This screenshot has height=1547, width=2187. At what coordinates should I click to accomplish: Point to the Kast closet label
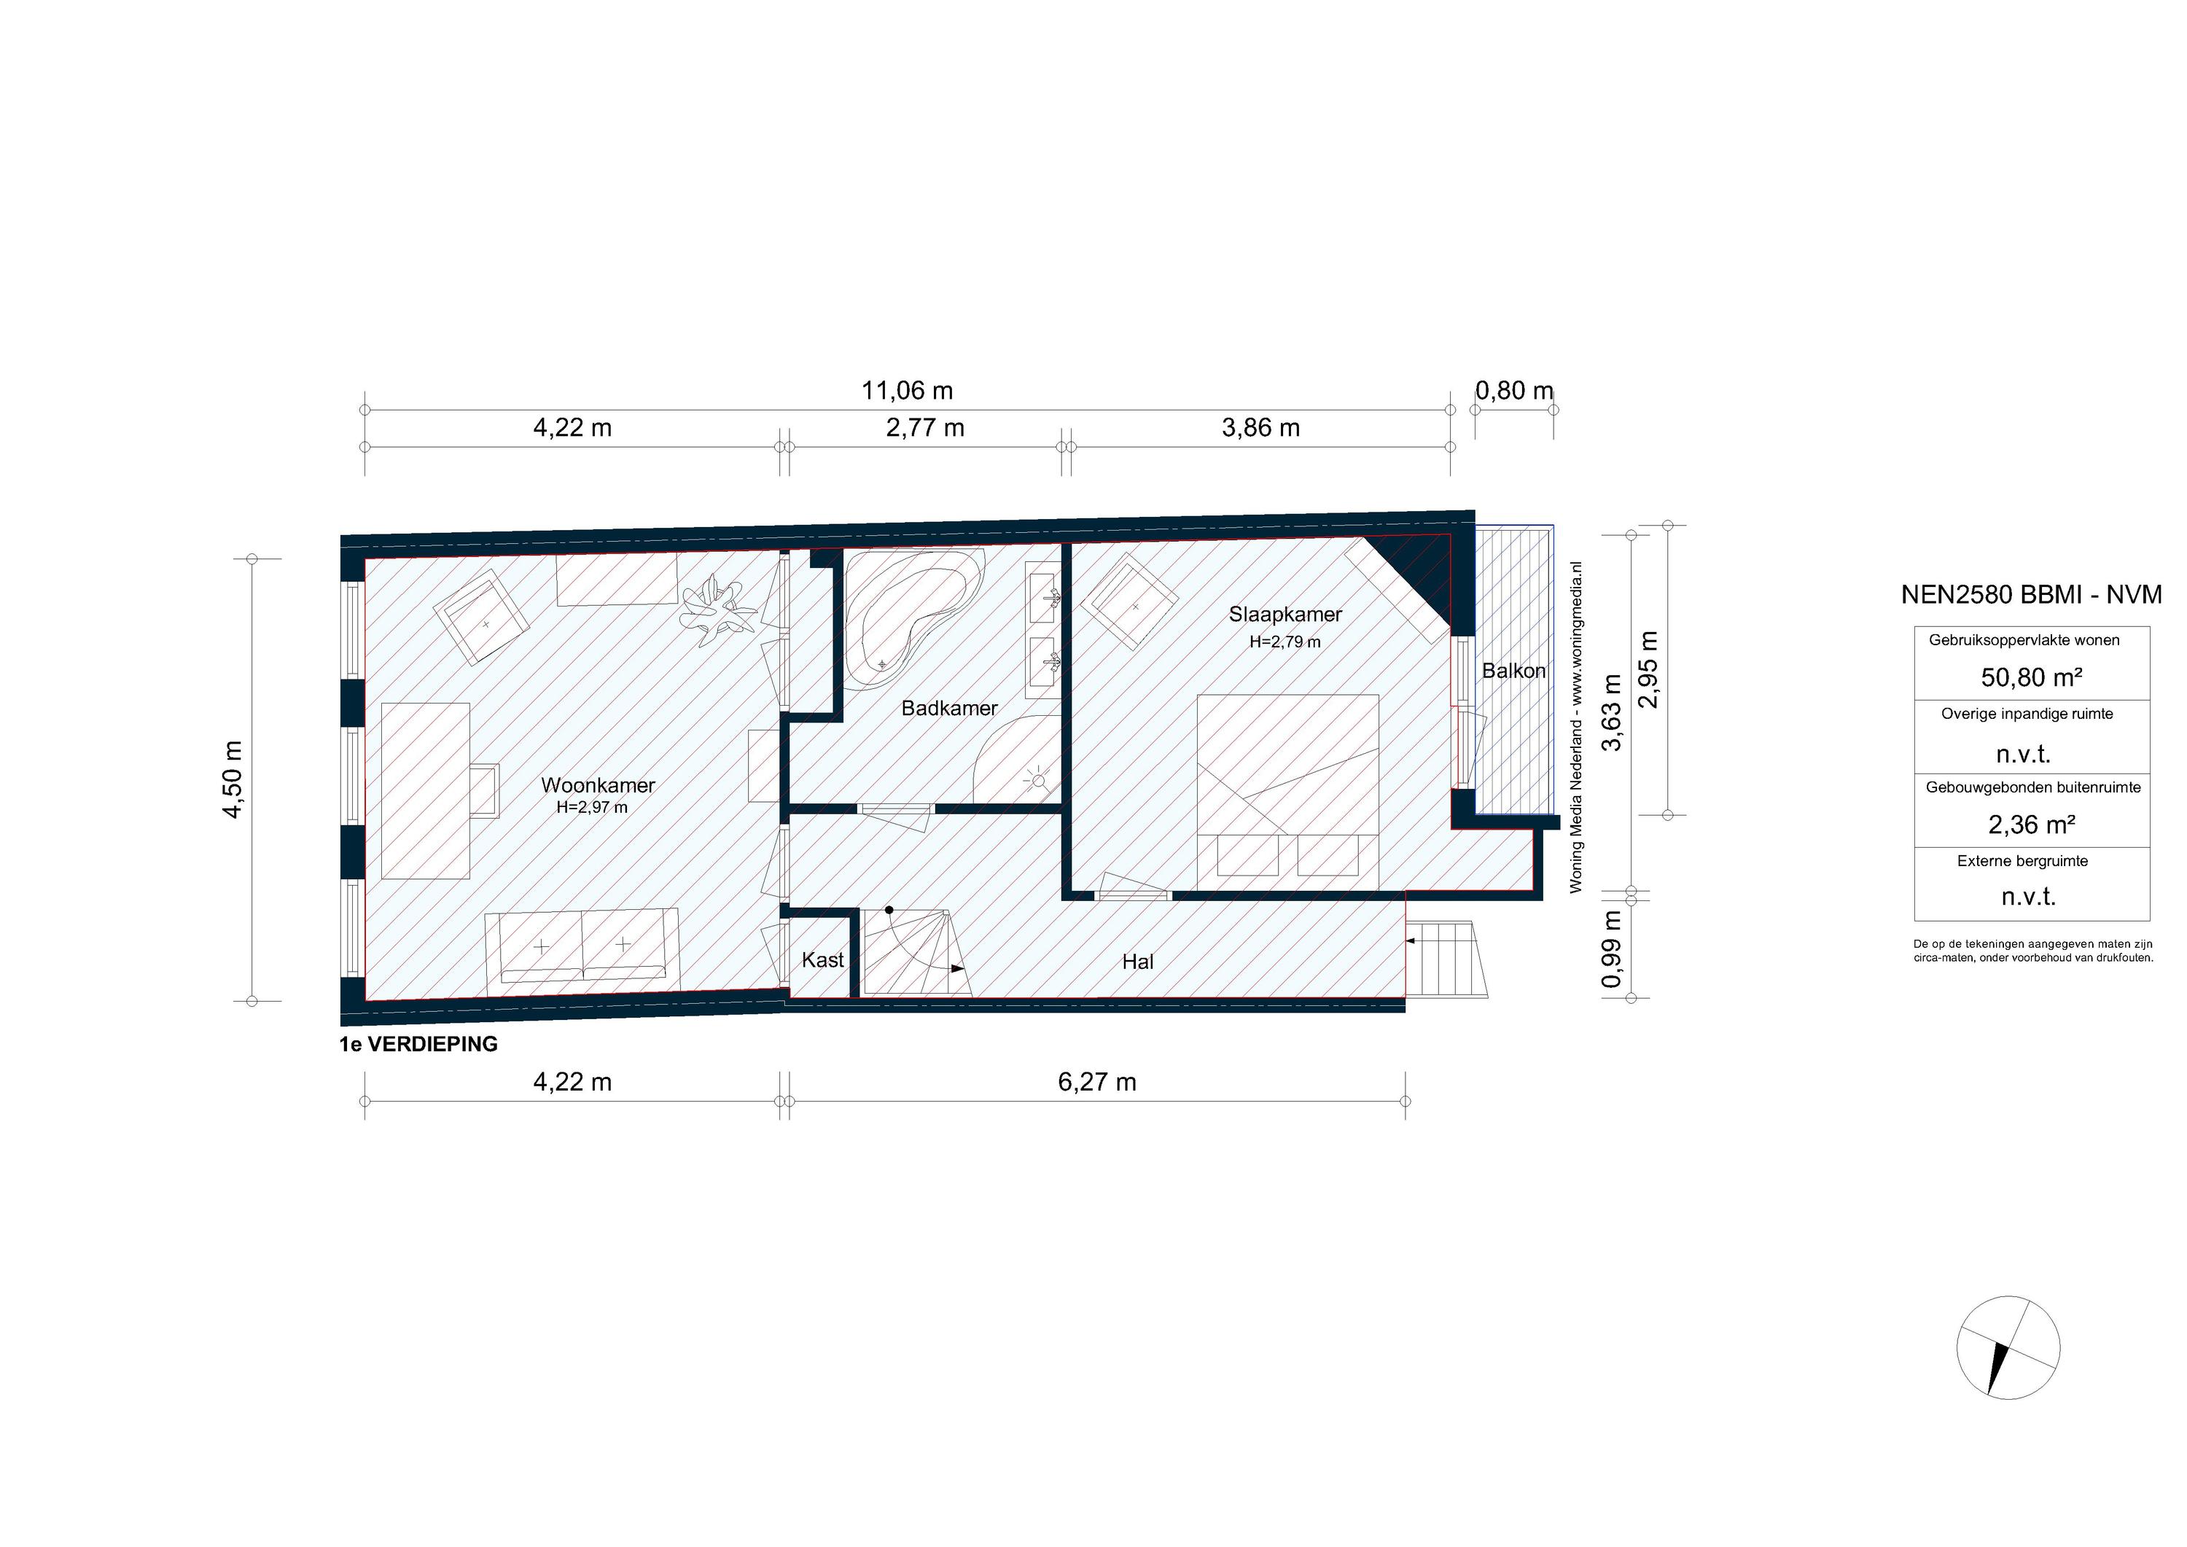[x=822, y=959]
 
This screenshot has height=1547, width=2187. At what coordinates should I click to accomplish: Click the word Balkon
[x=1513, y=671]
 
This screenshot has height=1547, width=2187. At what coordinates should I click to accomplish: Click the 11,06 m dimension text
[x=907, y=391]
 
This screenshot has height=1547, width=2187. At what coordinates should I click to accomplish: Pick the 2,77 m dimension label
[x=925, y=428]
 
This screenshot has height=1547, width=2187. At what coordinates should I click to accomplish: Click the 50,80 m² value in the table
[x=2031, y=677]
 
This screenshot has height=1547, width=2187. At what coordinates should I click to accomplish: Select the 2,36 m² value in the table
[x=2031, y=824]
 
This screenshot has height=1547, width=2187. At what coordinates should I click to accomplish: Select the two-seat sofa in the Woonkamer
[x=581, y=947]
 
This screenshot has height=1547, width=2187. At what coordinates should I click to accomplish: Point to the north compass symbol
[x=2008, y=1347]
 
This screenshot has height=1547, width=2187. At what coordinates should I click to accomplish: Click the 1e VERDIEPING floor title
[x=418, y=1044]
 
